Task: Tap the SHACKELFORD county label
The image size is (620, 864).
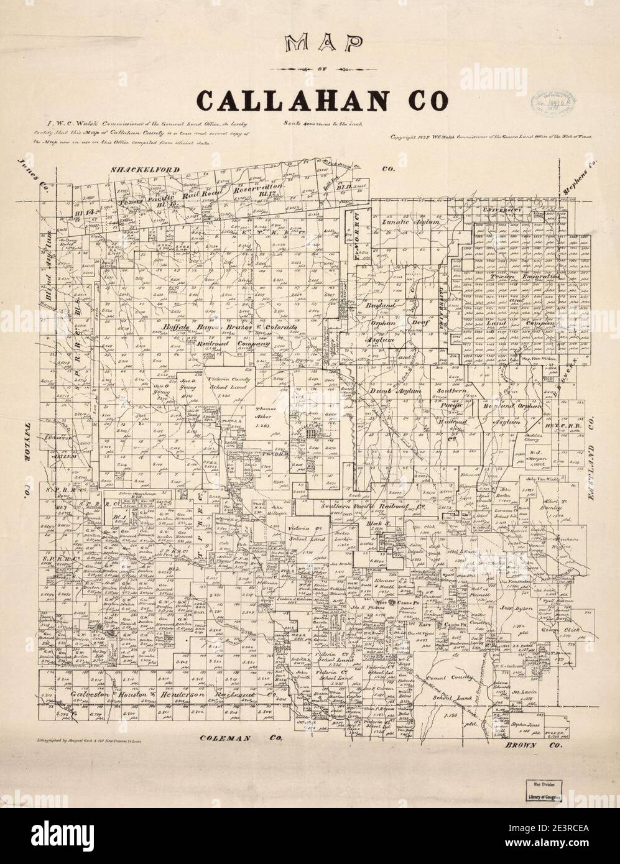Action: [144, 170]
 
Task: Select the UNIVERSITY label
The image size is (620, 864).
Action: [502, 211]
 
